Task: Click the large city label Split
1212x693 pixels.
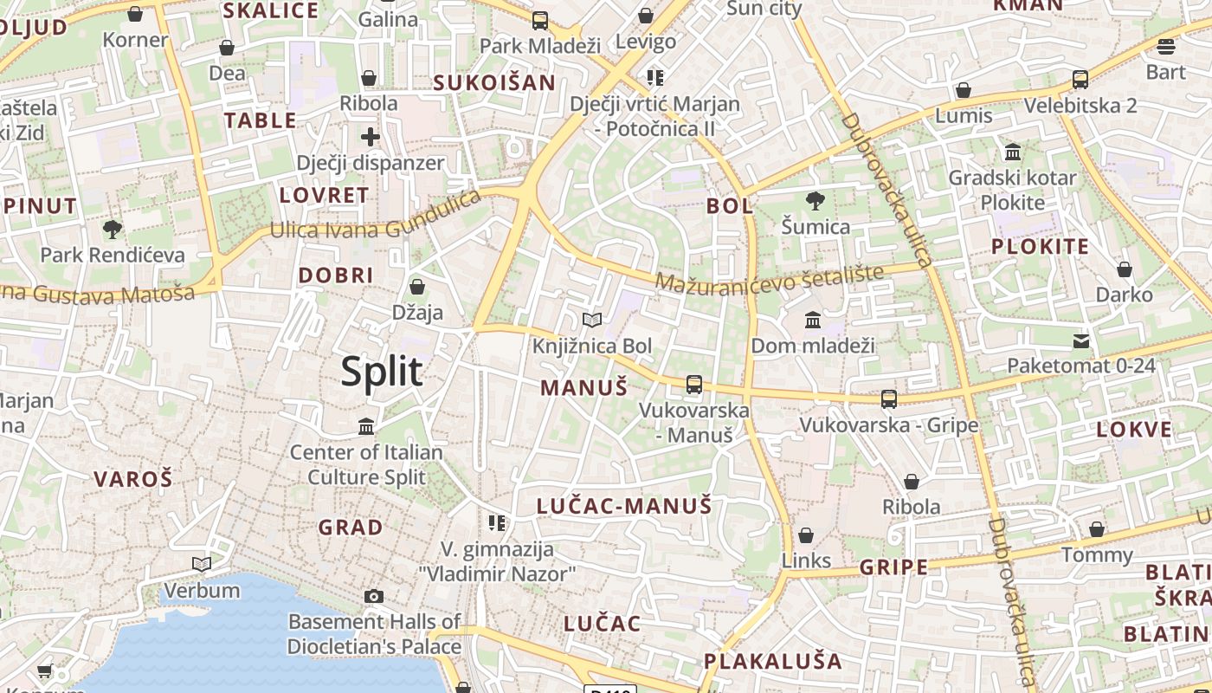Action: [382, 372]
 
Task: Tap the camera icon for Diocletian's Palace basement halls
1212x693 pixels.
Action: [374, 596]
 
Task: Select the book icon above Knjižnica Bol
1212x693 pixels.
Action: [592, 321]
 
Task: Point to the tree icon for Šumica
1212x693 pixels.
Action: [815, 202]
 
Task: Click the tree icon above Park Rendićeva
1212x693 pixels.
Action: [112, 230]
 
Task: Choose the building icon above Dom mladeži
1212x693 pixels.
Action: [813, 321]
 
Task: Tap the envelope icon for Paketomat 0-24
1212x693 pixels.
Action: [1081, 340]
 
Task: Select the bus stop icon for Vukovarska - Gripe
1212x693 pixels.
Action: [889, 399]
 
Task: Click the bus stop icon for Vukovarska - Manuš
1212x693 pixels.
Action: [694, 384]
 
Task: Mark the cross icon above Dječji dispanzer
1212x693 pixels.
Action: [371, 137]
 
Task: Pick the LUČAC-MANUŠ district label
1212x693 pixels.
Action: [623, 506]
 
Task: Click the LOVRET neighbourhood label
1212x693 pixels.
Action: [324, 195]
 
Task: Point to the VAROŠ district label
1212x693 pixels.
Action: [133, 478]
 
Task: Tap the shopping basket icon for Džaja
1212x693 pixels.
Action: [417, 287]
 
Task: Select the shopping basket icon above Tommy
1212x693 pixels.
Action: [1097, 529]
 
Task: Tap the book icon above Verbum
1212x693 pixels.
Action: [202, 565]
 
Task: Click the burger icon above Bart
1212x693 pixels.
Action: [1166, 46]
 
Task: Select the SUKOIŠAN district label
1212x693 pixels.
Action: [494, 82]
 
